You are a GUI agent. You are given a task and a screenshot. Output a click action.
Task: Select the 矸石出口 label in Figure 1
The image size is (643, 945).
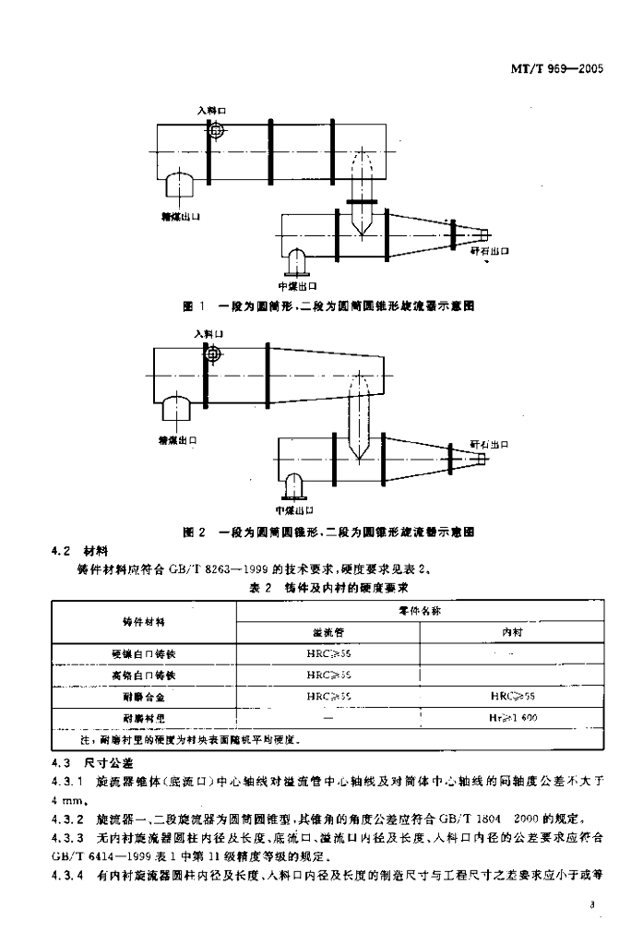pos(489,250)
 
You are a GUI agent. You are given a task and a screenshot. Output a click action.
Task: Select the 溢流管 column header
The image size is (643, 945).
pos(328,633)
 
